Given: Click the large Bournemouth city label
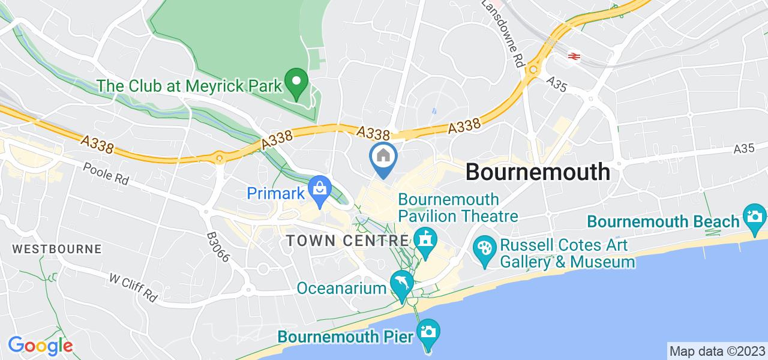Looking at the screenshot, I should coord(538,172).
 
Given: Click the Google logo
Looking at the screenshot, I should coord(40,346).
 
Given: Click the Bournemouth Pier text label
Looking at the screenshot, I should coord(344,337).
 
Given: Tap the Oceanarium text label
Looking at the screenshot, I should coord(342,289).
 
